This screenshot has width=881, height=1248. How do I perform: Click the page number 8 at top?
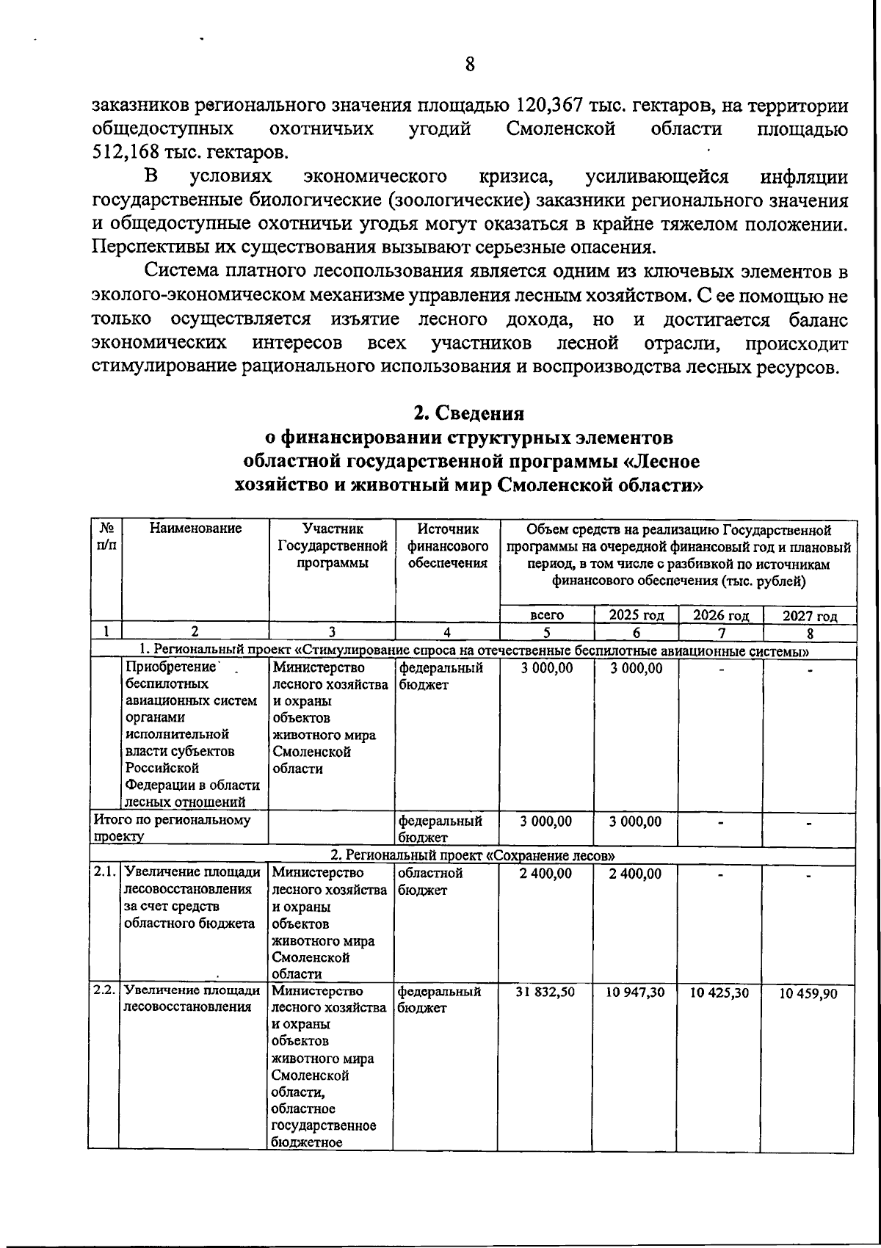(x=470, y=65)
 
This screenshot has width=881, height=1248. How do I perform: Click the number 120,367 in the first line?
(x=551, y=106)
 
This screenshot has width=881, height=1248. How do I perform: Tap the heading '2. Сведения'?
(x=469, y=413)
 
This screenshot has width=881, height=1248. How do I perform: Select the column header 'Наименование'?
(x=195, y=529)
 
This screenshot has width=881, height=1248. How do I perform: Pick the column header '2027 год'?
(x=810, y=616)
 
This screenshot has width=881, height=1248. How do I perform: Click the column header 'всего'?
(x=547, y=616)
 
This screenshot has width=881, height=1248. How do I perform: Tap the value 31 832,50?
(x=547, y=992)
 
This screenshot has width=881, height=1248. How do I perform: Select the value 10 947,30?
(x=636, y=992)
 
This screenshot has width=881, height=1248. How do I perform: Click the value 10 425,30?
(x=720, y=992)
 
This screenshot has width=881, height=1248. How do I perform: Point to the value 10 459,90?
(x=809, y=993)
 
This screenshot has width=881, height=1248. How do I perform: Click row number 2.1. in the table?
(x=104, y=873)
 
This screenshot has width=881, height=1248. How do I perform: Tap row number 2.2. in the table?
(x=104, y=990)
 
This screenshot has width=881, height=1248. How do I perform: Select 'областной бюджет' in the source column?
(x=430, y=881)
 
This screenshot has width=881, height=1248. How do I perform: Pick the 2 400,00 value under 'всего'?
(x=546, y=874)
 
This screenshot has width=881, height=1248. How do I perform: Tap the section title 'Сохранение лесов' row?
(x=472, y=856)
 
